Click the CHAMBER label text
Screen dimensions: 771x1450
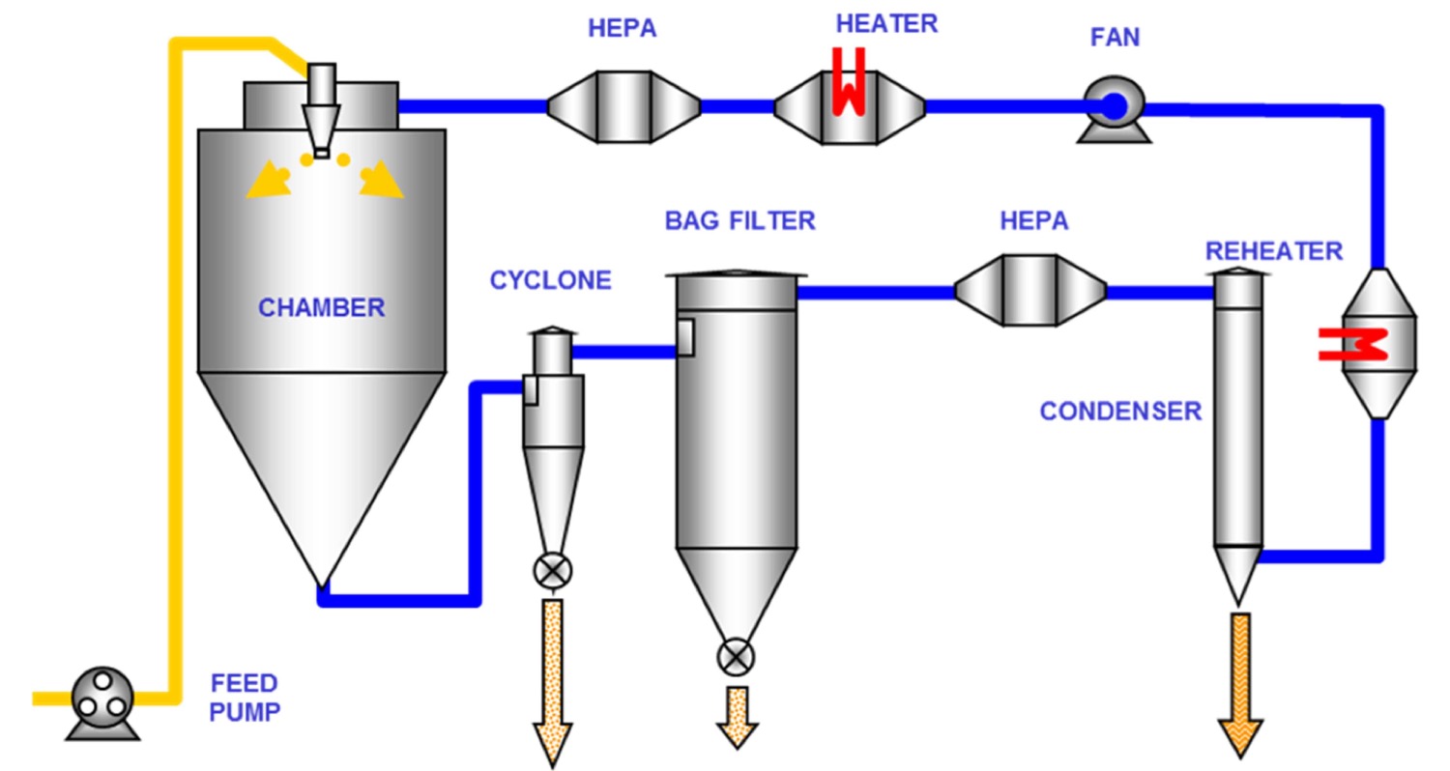[321, 309]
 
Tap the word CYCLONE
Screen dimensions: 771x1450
[550, 281]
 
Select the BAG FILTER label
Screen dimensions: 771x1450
[739, 221]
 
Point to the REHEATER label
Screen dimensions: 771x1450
[1273, 251]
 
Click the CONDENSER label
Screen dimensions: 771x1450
[1120, 412]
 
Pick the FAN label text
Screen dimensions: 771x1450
[1115, 39]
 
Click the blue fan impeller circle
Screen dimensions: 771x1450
[1114, 105]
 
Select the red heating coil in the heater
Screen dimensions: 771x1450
[848, 82]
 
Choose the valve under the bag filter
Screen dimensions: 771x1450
[736, 657]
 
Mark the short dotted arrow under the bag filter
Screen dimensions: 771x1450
[737, 716]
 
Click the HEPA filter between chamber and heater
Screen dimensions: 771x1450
[623, 106]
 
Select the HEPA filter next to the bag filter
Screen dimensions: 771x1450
[1030, 289]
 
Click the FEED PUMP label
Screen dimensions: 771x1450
[244, 699]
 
